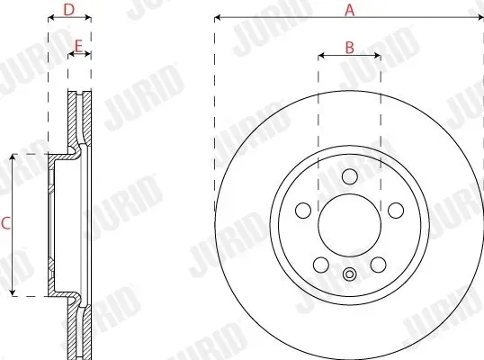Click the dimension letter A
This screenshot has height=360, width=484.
[x=349, y=10]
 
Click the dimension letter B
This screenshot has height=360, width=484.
[x=349, y=48]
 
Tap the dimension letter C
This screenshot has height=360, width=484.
[x=5, y=223]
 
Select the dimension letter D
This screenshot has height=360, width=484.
[x=69, y=10]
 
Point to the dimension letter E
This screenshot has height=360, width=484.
[x=79, y=46]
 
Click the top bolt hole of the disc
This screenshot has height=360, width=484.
[x=350, y=176]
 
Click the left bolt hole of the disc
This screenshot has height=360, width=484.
[x=303, y=211]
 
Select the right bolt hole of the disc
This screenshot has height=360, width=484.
[x=396, y=211]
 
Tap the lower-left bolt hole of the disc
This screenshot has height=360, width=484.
[x=321, y=265]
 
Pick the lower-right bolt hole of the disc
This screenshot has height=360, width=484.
[x=379, y=265]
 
